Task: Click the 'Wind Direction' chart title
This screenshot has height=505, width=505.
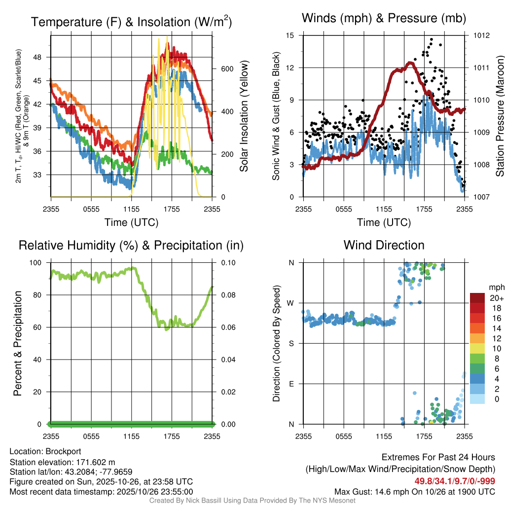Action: coord(384,245)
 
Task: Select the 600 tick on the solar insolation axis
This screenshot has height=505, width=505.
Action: coord(226,69)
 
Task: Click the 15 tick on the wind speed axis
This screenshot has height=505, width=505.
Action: coord(290,36)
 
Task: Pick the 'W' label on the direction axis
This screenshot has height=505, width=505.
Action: coord(291,303)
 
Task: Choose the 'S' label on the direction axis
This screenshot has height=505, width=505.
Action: coord(292,343)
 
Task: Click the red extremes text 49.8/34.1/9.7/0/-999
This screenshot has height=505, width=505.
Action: coord(455,481)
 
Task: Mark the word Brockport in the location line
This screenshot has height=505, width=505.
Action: coord(63,451)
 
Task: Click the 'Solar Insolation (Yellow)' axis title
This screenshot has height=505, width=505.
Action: coord(244,116)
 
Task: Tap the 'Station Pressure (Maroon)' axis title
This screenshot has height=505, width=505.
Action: coord(500,116)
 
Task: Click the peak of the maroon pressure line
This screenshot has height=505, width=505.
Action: coord(410,63)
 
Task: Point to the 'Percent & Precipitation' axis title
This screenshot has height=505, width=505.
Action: coord(18,343)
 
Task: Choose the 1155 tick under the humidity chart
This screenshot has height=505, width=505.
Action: coord(131,436)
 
